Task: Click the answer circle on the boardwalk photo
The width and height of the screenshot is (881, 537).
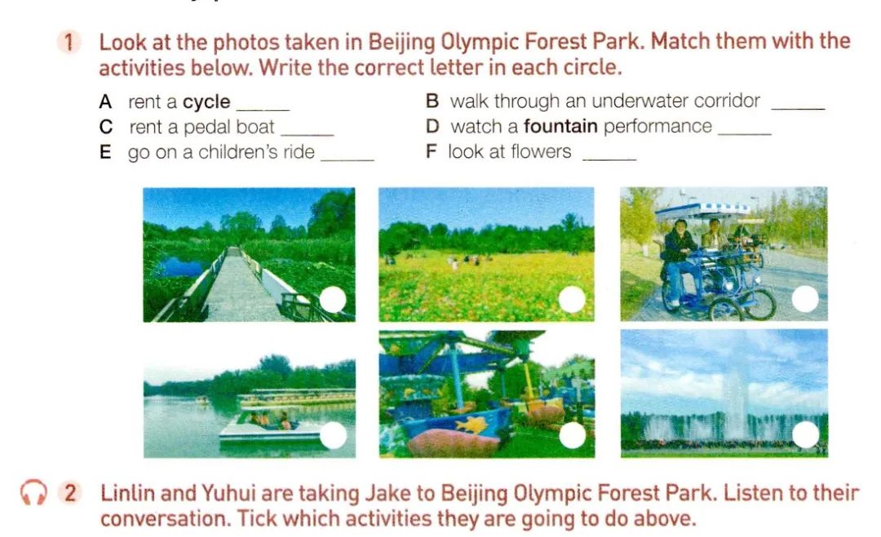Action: [333, 300]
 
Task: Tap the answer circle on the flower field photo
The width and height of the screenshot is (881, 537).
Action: [572, 299]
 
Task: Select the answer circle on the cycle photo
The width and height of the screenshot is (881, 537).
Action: [805, 298]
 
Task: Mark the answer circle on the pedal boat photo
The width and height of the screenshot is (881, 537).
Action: [333, 435]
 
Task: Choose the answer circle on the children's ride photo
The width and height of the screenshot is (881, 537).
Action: [573, 435]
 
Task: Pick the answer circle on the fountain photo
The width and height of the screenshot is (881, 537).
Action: [806, 434]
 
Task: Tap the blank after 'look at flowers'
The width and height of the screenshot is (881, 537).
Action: [610, 160]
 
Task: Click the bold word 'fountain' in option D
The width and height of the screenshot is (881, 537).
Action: [560, 126]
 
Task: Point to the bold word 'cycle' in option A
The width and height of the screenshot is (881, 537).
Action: [206, 102]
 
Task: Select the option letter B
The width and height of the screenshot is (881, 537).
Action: [432, 101]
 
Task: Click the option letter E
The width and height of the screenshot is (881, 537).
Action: [105, 152]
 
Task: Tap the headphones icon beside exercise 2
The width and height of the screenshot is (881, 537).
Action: [33, 493]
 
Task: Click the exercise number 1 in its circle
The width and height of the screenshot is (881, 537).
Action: [69, 42]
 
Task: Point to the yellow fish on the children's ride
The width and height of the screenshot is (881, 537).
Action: [471, 425]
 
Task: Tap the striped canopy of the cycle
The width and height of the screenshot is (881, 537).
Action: [703, 211]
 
